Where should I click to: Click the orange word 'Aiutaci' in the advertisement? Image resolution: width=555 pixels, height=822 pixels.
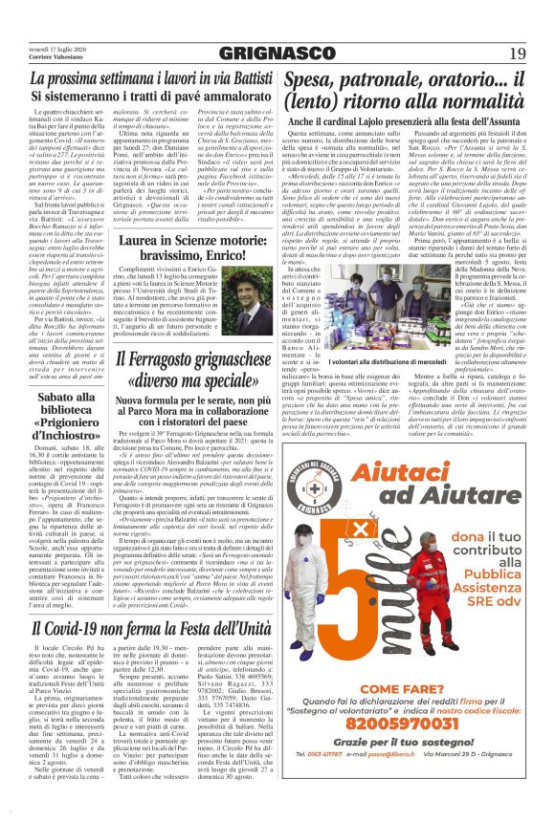(x=401, y=472)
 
